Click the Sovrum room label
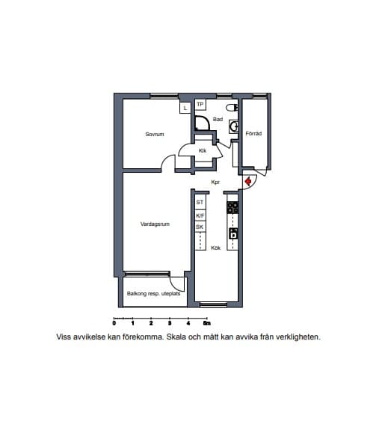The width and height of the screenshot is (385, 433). tap(155, 134)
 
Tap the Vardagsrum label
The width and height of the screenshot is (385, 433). tap(155, 224)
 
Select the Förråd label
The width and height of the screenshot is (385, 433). tap(253, 133)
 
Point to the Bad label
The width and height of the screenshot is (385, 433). tap(218, 120)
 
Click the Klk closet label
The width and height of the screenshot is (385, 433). tap(203, 150)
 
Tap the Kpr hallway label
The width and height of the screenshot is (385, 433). tap(215, 182)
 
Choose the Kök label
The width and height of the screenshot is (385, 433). tap(215, 248)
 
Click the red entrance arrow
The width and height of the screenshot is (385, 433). tap(248, 182)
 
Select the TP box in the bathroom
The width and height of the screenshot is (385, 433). tap(200, 105)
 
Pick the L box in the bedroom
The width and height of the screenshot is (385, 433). tap(185, 108)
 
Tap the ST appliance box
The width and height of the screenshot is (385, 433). tap(200, 203)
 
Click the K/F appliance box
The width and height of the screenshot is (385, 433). tap(200, 215)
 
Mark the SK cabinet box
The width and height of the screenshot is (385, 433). tap(200, 227)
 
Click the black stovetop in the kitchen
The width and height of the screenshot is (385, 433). tap(232, 207)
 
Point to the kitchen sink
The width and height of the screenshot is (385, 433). tap(233, 233)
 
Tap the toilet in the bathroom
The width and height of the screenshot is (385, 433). tap(232, 108)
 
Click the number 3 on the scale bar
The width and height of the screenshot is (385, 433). tap(170, 323)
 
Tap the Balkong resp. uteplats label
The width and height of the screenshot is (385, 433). tap(153, 294)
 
